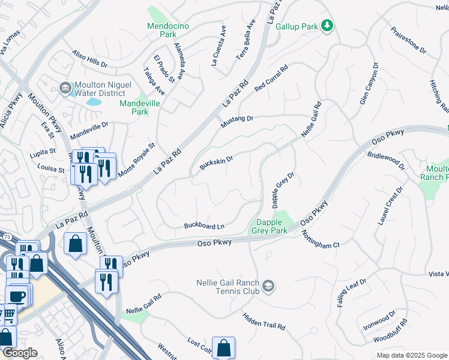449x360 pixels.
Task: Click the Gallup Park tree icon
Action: (x=328, y=25)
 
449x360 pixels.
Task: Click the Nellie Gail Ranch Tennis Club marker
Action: (x=268, y=287)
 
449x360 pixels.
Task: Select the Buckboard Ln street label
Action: (x=203, y=226)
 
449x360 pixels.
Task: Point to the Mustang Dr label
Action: (x=237, y=119)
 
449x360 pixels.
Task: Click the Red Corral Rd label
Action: (x=271, y=79)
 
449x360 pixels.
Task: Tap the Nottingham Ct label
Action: (x=321, y=239)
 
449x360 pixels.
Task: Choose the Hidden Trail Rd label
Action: (x=264, y=320)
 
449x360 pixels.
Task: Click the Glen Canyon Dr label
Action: (x=369, y=84)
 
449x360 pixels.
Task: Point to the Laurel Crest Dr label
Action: (x=390, y=206)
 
